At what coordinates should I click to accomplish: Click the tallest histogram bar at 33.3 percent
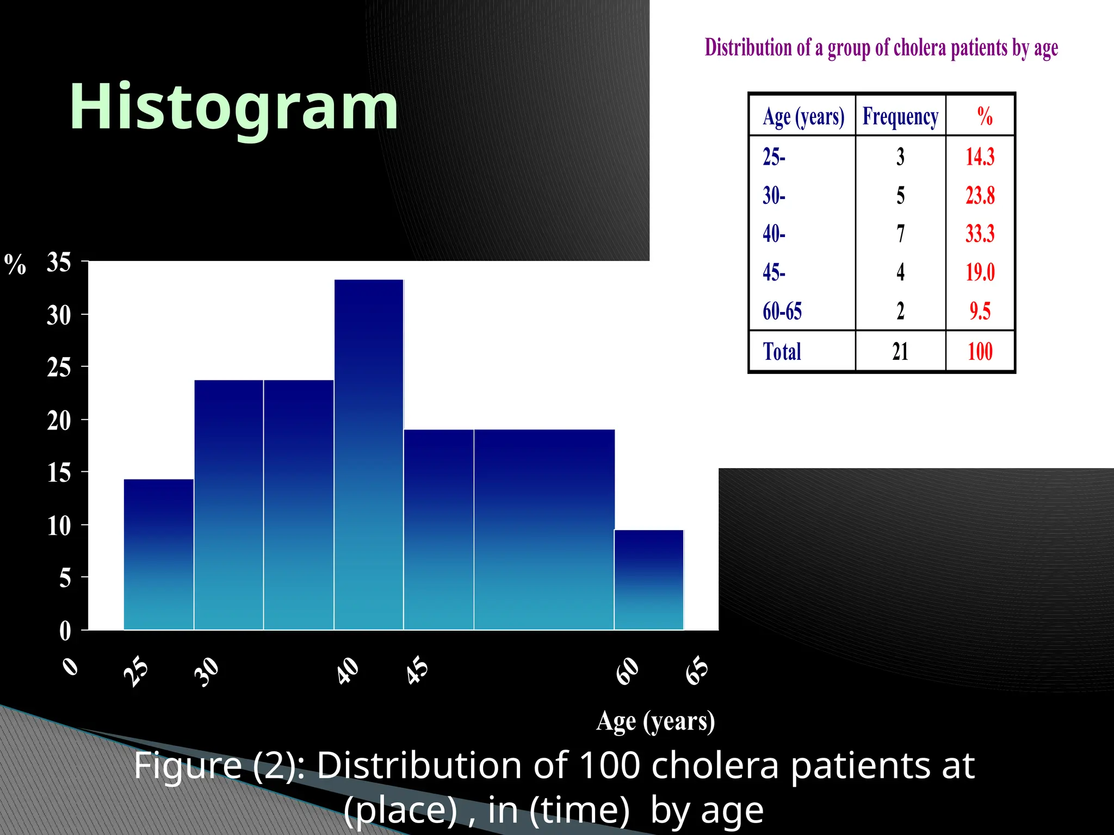click(369, 454)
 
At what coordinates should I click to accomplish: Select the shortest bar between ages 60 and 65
click(648, 579)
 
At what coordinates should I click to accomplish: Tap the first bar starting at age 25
click(158, 554)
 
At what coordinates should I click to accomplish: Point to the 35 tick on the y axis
click(59, 263)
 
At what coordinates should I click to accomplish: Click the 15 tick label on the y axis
click(59, 473)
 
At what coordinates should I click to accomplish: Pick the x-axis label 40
click(348, 671)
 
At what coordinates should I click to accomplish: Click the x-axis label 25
click(136, 672)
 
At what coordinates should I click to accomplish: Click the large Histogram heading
click(234, 107)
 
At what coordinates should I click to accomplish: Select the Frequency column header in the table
click(900, 116)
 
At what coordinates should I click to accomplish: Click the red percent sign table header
click(985, 116)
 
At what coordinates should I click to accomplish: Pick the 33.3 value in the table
click(980, 234)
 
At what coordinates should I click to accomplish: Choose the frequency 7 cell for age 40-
click(900, 234)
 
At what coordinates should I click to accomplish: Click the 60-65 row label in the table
click(782, 311)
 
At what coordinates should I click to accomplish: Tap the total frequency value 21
click(900, 352)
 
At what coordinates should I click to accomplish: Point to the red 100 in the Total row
click(980, 352)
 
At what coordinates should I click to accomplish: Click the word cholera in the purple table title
click(919, 48)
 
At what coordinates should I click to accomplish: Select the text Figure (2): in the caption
click(219, 765)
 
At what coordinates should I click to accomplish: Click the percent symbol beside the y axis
click(15, 265)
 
